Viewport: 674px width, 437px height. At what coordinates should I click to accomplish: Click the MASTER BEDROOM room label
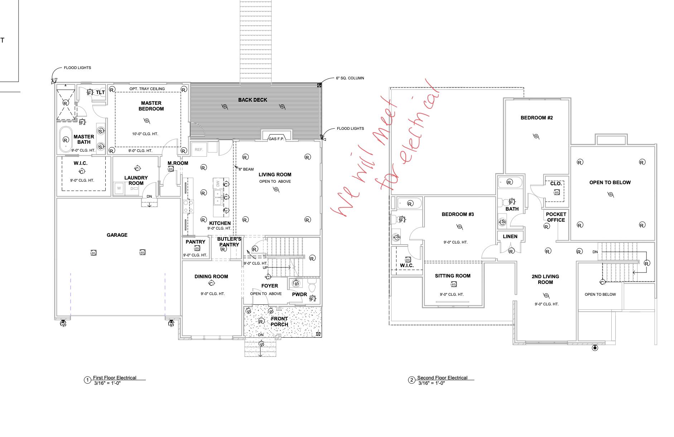tap(151, 106)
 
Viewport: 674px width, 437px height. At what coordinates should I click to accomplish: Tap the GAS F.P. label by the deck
tap(276, 139)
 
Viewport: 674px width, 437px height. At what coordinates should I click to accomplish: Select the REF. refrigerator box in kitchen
tap(199, 149)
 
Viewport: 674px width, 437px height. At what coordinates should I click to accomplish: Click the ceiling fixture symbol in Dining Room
tap(211, 284)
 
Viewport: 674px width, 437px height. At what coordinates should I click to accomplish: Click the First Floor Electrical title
tap(115, 378)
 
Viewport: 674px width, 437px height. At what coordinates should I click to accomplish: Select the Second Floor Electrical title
tap(442, 378)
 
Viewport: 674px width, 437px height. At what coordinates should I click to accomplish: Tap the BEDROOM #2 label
tap(536, 118)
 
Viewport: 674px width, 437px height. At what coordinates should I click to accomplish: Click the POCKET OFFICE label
tap(556, 217)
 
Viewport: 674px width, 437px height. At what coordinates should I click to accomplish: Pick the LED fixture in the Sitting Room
tap(454, 284)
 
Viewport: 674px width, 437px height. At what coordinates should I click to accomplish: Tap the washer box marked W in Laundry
tap(119, 188)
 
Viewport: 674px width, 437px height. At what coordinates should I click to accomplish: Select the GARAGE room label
tap(117, 235)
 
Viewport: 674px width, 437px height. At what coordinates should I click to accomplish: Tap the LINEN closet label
tap(510, 236)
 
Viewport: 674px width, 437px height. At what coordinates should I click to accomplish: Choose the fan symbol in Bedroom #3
tap(460, 227)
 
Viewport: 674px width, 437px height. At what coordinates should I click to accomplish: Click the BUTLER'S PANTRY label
tap(229, 242)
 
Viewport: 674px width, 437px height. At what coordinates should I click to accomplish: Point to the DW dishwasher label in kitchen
tap(217, 183)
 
